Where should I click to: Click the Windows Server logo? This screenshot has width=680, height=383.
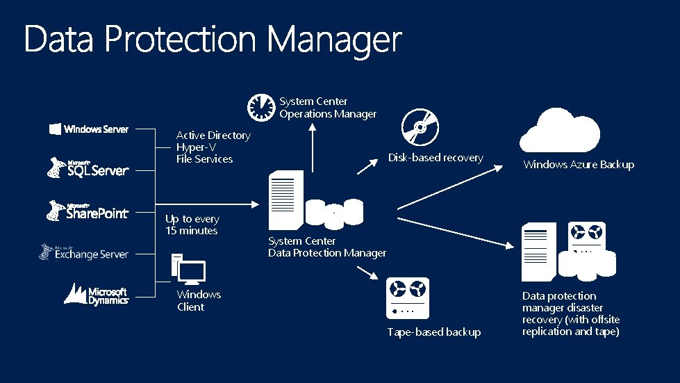[89, 129]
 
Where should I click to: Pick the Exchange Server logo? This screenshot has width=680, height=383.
[84, 252]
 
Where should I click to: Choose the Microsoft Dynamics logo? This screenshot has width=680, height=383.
[97, 293]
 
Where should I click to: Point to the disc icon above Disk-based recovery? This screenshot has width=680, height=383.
[420, 127]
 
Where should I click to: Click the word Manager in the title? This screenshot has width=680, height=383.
[334, 40]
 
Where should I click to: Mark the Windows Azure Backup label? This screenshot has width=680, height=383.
[579, 165]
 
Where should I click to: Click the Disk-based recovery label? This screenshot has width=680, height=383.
[436, 158]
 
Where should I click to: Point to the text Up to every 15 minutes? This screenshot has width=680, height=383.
[192, 225]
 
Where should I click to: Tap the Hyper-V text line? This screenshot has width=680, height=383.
[196, 147]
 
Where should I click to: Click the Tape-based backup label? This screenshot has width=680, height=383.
[434, 332]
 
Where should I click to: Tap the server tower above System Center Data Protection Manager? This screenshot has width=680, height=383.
[285, 199]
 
